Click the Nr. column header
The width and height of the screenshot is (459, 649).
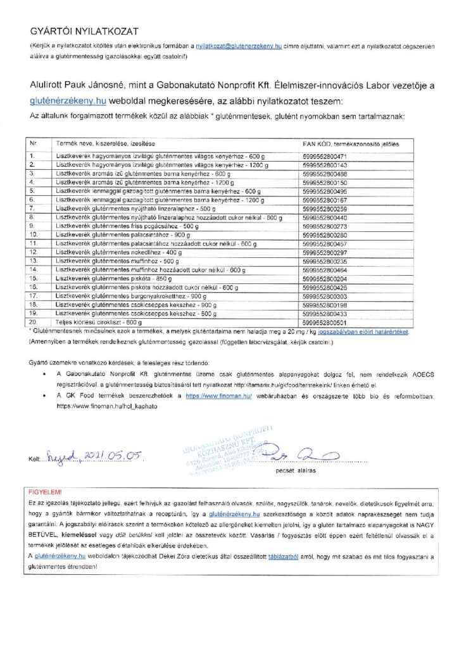34,145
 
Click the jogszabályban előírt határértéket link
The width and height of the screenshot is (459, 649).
368,331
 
